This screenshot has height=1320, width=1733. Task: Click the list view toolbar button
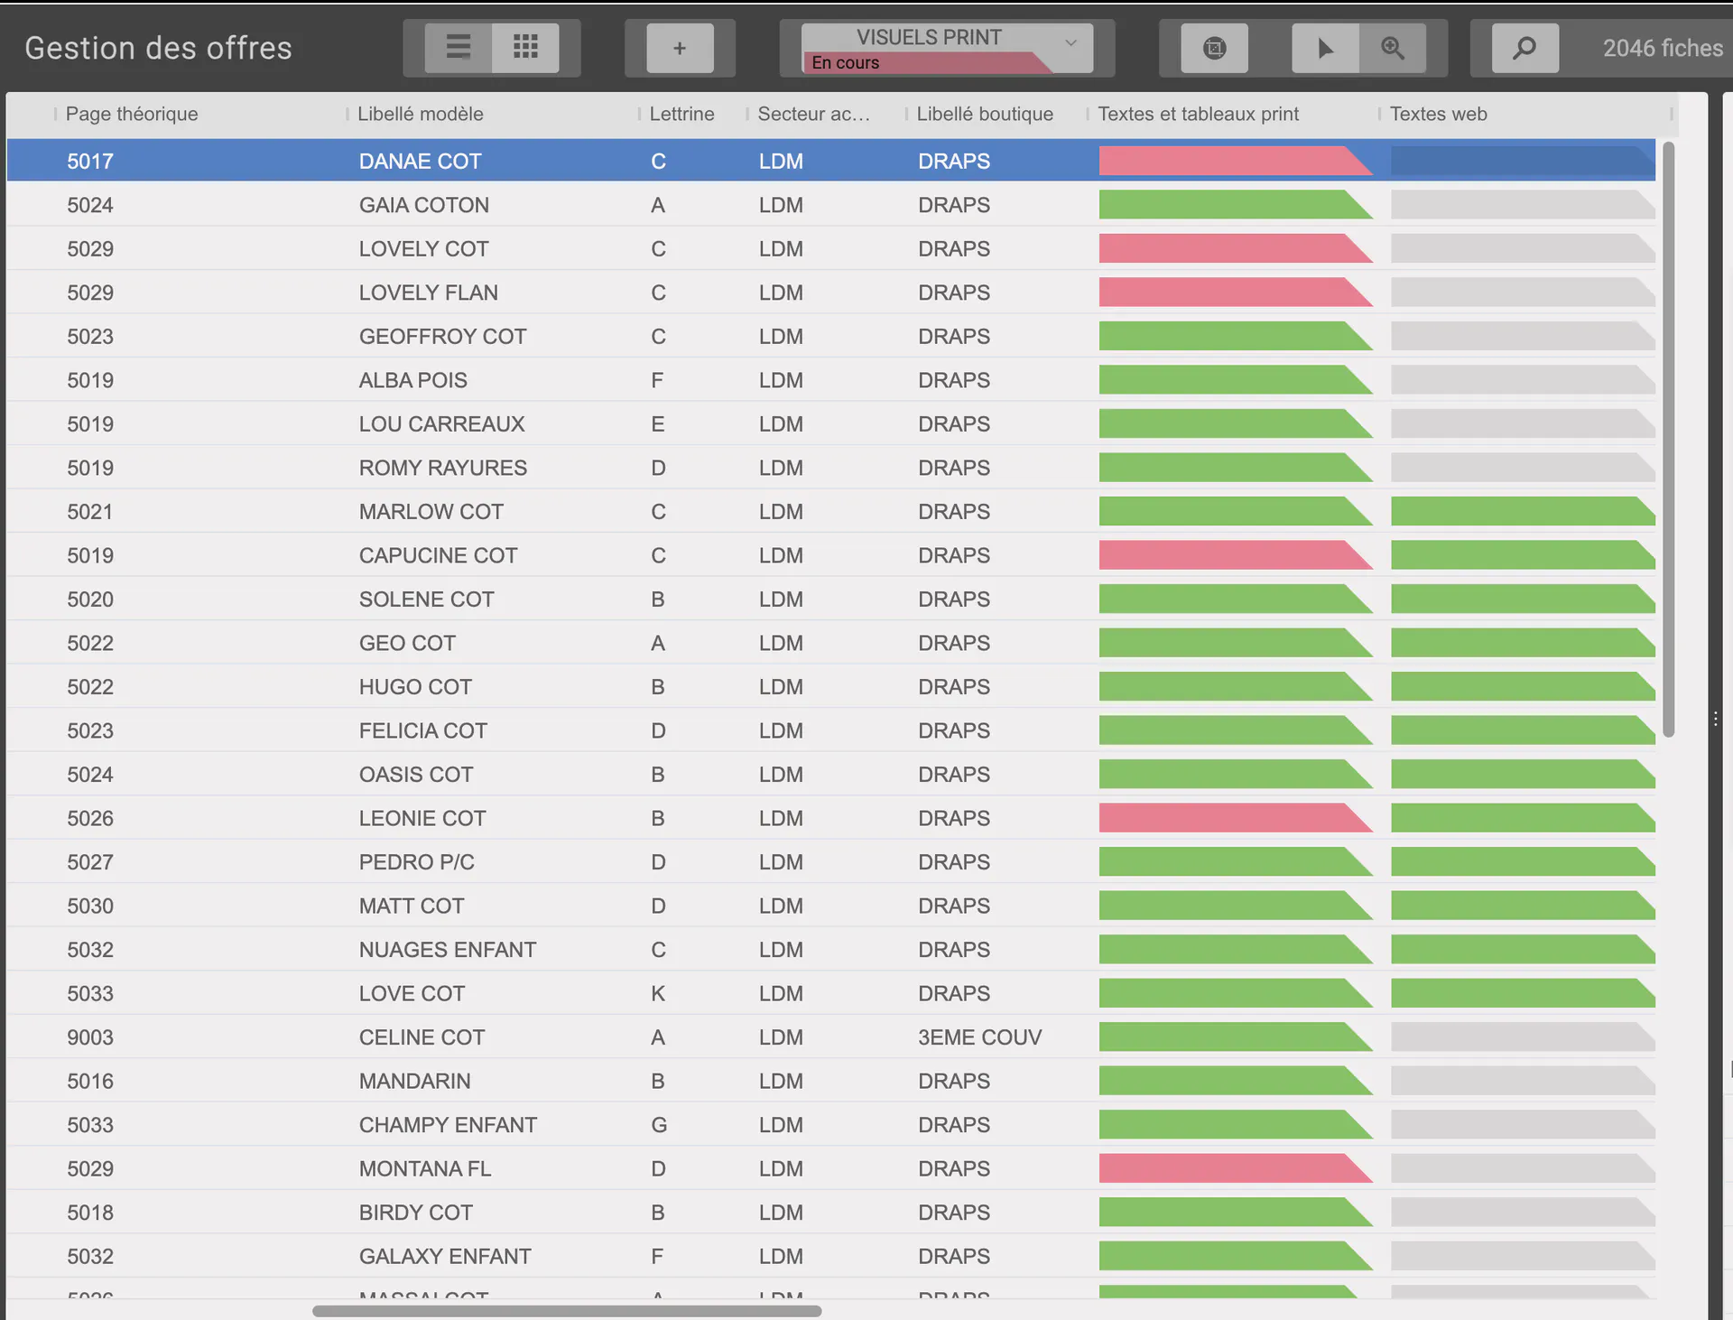click(x=459, y=47)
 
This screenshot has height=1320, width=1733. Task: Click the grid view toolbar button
click(x=525, y=47)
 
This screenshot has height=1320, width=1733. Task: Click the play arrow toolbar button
click(x=1325, y=48)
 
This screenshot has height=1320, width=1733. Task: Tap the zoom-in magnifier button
click(x=1393, y=48)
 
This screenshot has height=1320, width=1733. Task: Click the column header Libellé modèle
click(x=420, y=114)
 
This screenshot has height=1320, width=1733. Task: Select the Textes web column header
click(x=1438, y=114)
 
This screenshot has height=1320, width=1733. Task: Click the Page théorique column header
click(x=132, y=114)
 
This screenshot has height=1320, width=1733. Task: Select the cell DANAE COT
click(x=420, y=162)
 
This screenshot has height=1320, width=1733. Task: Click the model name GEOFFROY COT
click(x=442, y=337)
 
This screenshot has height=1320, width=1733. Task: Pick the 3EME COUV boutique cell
click(x=979, y=1037)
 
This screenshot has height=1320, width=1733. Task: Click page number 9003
click(x=90, y=1037)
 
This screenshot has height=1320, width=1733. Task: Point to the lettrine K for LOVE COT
click(x=658, y=994)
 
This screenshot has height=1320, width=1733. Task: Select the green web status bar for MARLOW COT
click(x=1522, y=512)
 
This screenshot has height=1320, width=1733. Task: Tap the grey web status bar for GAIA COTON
click(x=1522, y=205)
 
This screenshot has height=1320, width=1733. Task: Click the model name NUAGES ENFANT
click(x=447, y=950)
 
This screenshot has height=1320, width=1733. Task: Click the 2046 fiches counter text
click(x=1663, y=48)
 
